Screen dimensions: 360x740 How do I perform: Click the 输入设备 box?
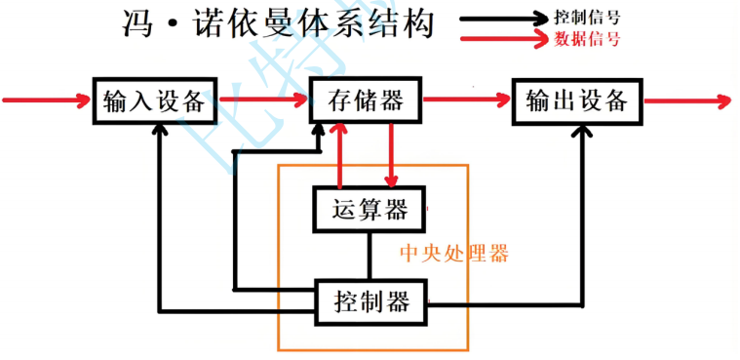155,100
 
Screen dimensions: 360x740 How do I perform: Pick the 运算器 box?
369,209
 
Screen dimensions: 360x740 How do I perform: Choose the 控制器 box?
371,301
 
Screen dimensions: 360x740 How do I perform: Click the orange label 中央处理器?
454,254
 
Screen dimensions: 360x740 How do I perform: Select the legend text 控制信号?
587,18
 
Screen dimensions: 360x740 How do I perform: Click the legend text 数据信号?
587,40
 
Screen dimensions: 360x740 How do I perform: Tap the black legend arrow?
502,18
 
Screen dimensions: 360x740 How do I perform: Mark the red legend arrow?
502,40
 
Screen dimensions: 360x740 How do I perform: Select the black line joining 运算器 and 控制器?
369,257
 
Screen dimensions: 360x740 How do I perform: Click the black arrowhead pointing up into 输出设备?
583,133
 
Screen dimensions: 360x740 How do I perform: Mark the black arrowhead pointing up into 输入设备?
158,133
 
